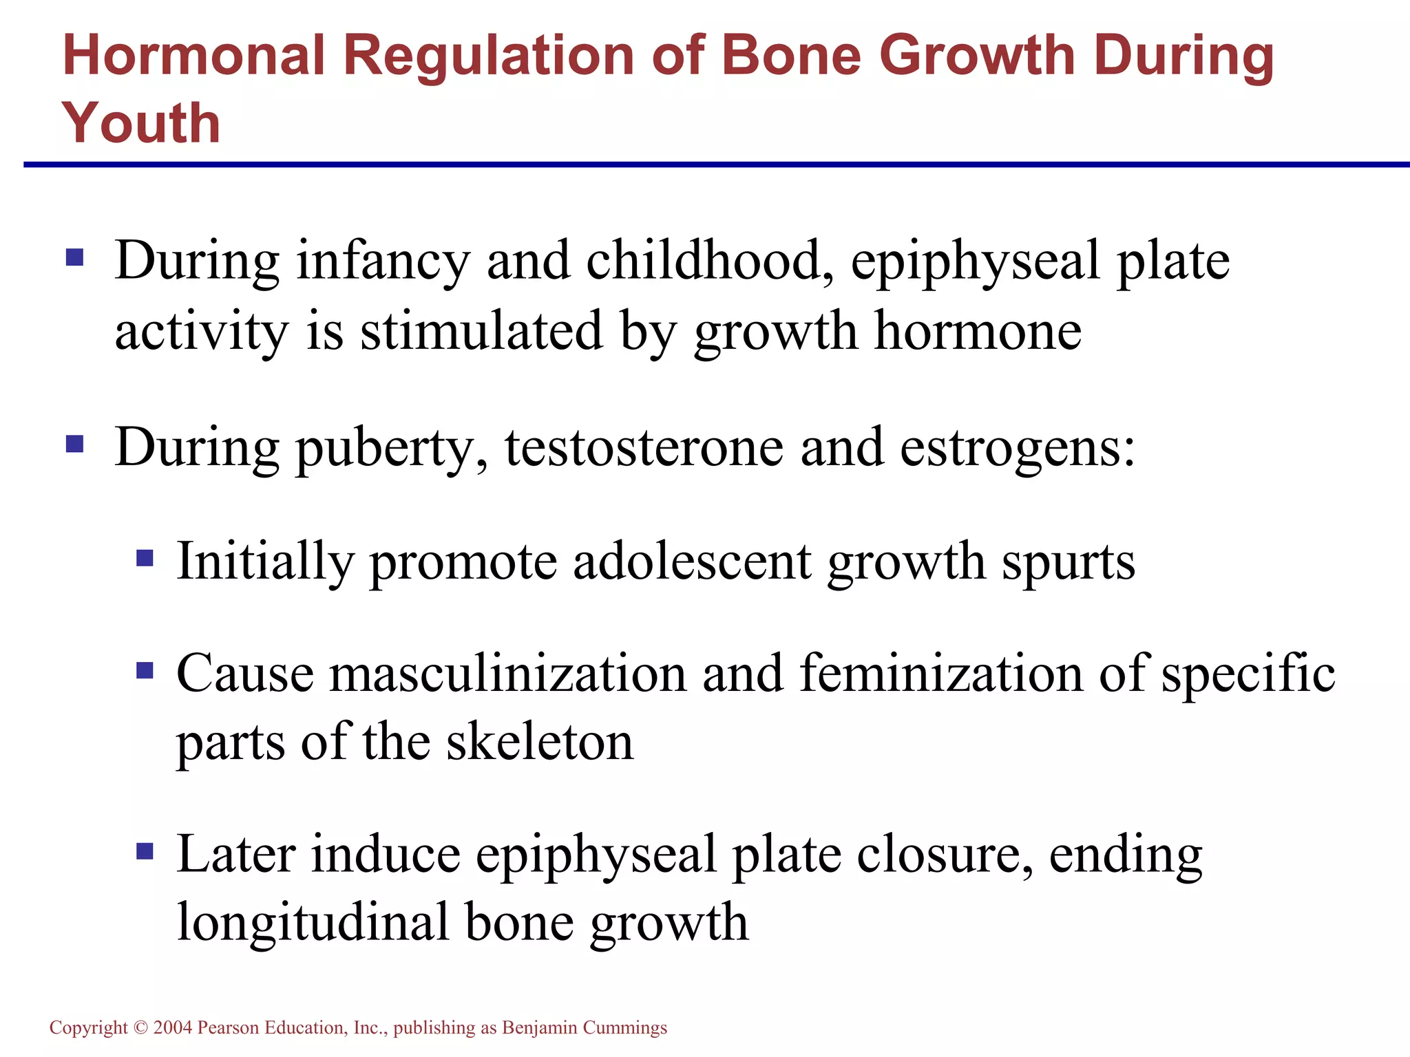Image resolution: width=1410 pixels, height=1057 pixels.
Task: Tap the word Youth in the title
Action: (141, 123)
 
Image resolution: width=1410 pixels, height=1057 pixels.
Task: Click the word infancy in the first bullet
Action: (383, 261)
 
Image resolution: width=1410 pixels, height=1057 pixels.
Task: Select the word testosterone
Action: (644, 447)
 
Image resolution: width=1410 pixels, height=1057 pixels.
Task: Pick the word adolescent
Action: (692, 562)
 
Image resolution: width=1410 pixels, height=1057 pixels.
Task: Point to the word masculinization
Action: (508, 673)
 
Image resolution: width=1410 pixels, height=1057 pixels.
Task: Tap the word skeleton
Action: (540, 742)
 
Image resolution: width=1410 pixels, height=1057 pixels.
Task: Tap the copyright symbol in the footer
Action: (140, 1027)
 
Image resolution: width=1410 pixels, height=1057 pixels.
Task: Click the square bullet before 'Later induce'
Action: (145, 852)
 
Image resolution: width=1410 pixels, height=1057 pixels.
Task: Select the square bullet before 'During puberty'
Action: (74, 444)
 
